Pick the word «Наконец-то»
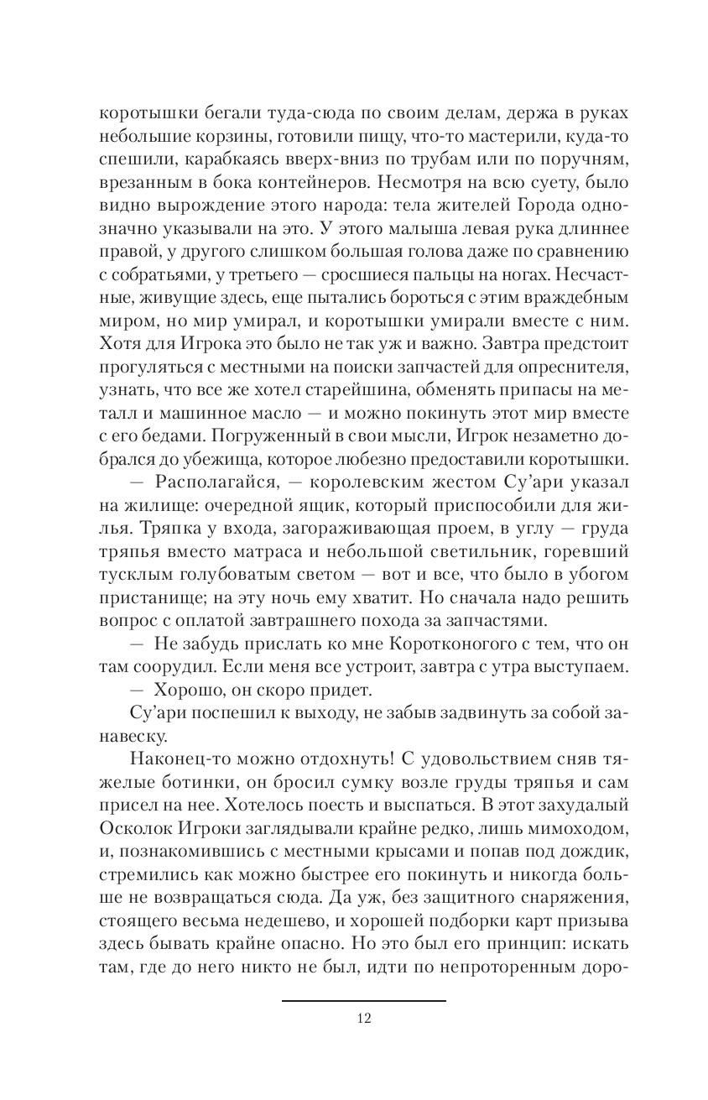click(180, 758)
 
